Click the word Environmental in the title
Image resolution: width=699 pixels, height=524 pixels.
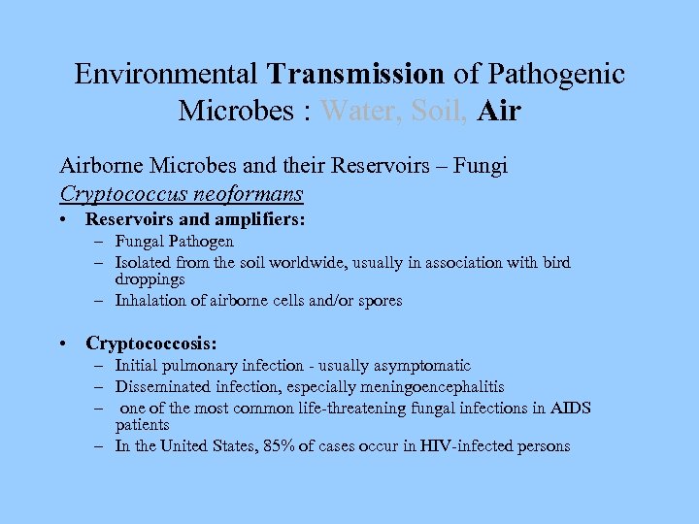167,74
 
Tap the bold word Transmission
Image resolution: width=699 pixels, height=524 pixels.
355,74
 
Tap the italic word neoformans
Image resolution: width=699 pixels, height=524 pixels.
251,194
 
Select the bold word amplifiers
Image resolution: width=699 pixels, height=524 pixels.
253,220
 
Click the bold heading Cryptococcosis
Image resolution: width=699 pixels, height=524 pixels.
150,344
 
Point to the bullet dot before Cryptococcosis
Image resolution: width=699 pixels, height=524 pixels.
63,344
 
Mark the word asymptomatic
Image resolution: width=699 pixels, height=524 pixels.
418,366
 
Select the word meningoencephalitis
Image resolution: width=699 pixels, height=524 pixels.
428,387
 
